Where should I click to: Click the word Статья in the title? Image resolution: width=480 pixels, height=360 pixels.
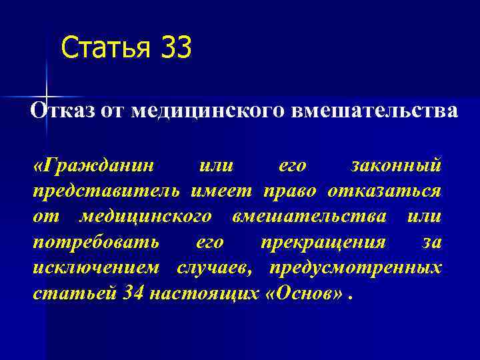tap(105, 49)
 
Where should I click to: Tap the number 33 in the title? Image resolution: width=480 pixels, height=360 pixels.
tap(176, 48)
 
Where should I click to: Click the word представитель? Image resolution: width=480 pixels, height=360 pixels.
tap(106, 191)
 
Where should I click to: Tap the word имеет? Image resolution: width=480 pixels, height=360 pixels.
tap(221, 191)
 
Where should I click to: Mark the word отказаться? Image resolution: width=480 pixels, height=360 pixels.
tap(384, 191)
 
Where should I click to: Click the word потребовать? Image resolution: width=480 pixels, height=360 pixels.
tap(96, 242)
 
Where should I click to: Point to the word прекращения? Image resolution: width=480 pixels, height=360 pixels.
tap(323, 242)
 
